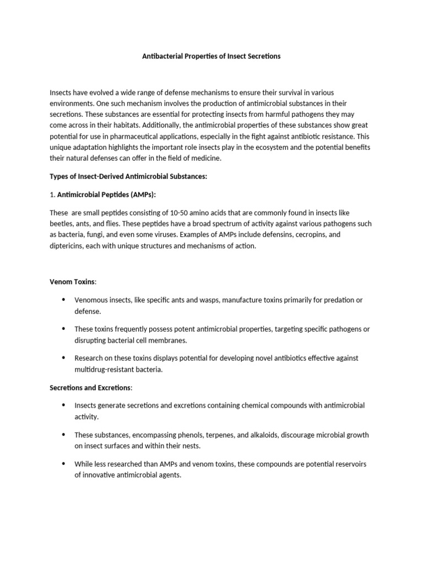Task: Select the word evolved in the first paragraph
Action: point(99,92)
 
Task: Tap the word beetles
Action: point(61,224)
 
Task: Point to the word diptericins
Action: point(68,246)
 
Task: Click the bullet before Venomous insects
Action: point(63,300)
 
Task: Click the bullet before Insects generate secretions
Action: point(63,405)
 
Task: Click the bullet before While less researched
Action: point(63,464)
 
